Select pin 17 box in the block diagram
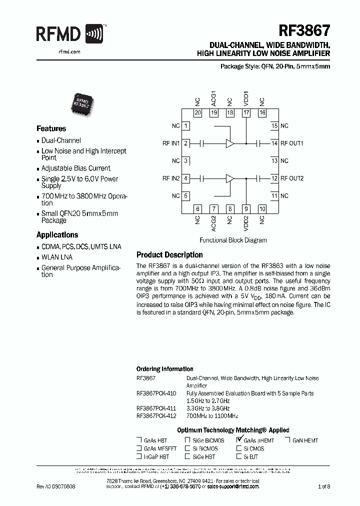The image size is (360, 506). (x=245, y=113)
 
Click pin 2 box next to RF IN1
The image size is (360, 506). (x=185, y=143)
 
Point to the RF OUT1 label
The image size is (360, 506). (x=292, y=143)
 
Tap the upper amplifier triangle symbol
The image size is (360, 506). (x=229, y=143)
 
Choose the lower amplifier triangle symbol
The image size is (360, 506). (x=229, y=178)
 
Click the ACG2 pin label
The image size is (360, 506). (x=213, y=222)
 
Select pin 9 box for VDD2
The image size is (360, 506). (x=245, y=209)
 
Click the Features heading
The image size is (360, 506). (x=51, y=128)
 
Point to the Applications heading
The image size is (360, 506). (x=57, y=234)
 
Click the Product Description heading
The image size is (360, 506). (x=169, y=255)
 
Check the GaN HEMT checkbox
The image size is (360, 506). (x=288, y=440)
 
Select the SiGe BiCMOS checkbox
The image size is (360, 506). (x=187, y=440)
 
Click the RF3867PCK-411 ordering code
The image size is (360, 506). (x=156, y=408)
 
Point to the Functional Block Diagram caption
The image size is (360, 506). (x=233, y=240)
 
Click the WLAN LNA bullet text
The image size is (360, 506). (x=57, y=257)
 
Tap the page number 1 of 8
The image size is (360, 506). (x=324, y=486)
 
